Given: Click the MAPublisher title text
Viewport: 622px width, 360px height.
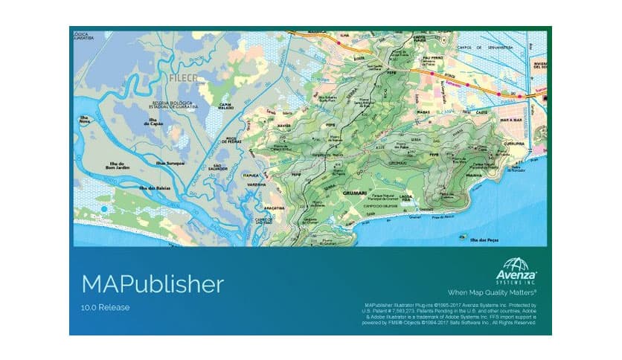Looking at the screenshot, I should [x=152, y=284].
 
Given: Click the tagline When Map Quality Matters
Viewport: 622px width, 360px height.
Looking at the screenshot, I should [x=492, y=293].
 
